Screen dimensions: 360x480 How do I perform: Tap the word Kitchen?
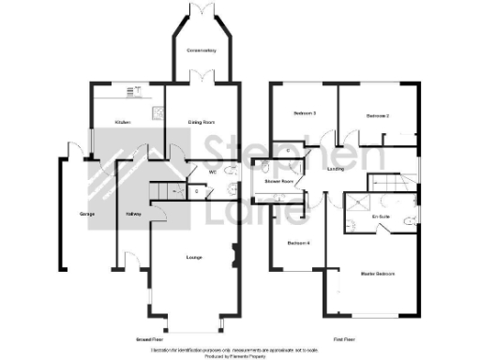[122, 123]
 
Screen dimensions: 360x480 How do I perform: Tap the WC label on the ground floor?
[213, 173]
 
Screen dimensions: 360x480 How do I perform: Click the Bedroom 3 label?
[302, 114]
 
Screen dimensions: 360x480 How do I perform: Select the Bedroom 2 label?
[378, 115]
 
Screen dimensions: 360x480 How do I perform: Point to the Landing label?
[337, 169]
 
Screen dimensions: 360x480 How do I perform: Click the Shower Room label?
[279, 180]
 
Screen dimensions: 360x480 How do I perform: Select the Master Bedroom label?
[377, 274]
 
